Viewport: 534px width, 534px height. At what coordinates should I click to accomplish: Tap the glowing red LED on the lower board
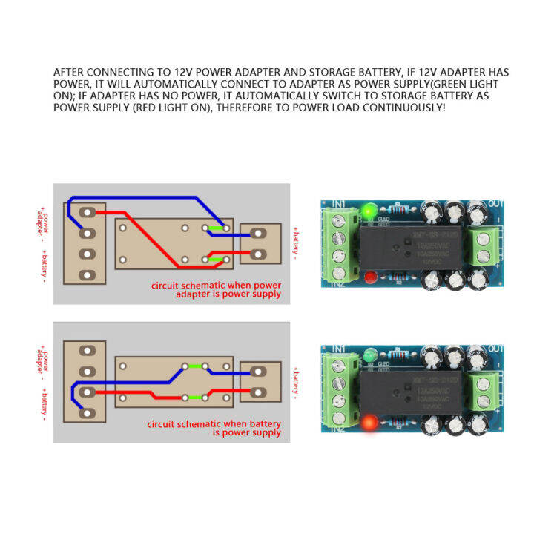(x=369, y=424)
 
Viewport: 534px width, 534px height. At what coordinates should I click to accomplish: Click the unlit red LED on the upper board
(x=369, y=278)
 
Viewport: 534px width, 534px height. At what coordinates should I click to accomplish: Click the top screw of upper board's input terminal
(x=340, y=221)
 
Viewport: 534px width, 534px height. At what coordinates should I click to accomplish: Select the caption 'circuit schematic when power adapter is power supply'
(x=216, y=289)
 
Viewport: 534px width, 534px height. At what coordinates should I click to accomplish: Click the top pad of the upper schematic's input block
(x=88, y=212)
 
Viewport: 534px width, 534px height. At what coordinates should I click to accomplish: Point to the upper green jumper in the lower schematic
(x=196, y=366)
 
